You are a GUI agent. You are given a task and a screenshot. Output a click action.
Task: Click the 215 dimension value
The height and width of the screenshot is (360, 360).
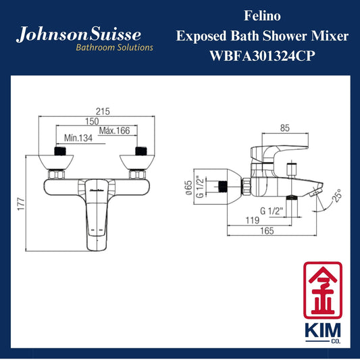(103, 111)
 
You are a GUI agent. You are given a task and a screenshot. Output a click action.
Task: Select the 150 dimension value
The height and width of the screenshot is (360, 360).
(92, 122)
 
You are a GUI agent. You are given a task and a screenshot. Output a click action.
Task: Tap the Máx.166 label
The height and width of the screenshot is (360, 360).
(115, 130)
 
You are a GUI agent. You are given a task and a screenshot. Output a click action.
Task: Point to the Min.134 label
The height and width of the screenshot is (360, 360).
(78, 138)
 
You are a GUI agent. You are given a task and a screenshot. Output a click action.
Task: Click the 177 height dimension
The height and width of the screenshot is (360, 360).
(21, 204)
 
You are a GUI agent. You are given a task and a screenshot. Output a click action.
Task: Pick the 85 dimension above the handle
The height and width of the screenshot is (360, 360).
(285, 128)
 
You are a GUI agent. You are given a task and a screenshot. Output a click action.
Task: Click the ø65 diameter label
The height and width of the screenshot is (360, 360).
(188, 188)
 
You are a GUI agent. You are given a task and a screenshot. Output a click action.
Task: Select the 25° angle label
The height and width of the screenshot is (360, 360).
(337, 195)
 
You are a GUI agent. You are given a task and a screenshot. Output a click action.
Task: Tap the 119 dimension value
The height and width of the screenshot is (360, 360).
(253, 220)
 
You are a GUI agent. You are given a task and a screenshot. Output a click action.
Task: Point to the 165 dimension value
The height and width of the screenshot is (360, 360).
(267, 231)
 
